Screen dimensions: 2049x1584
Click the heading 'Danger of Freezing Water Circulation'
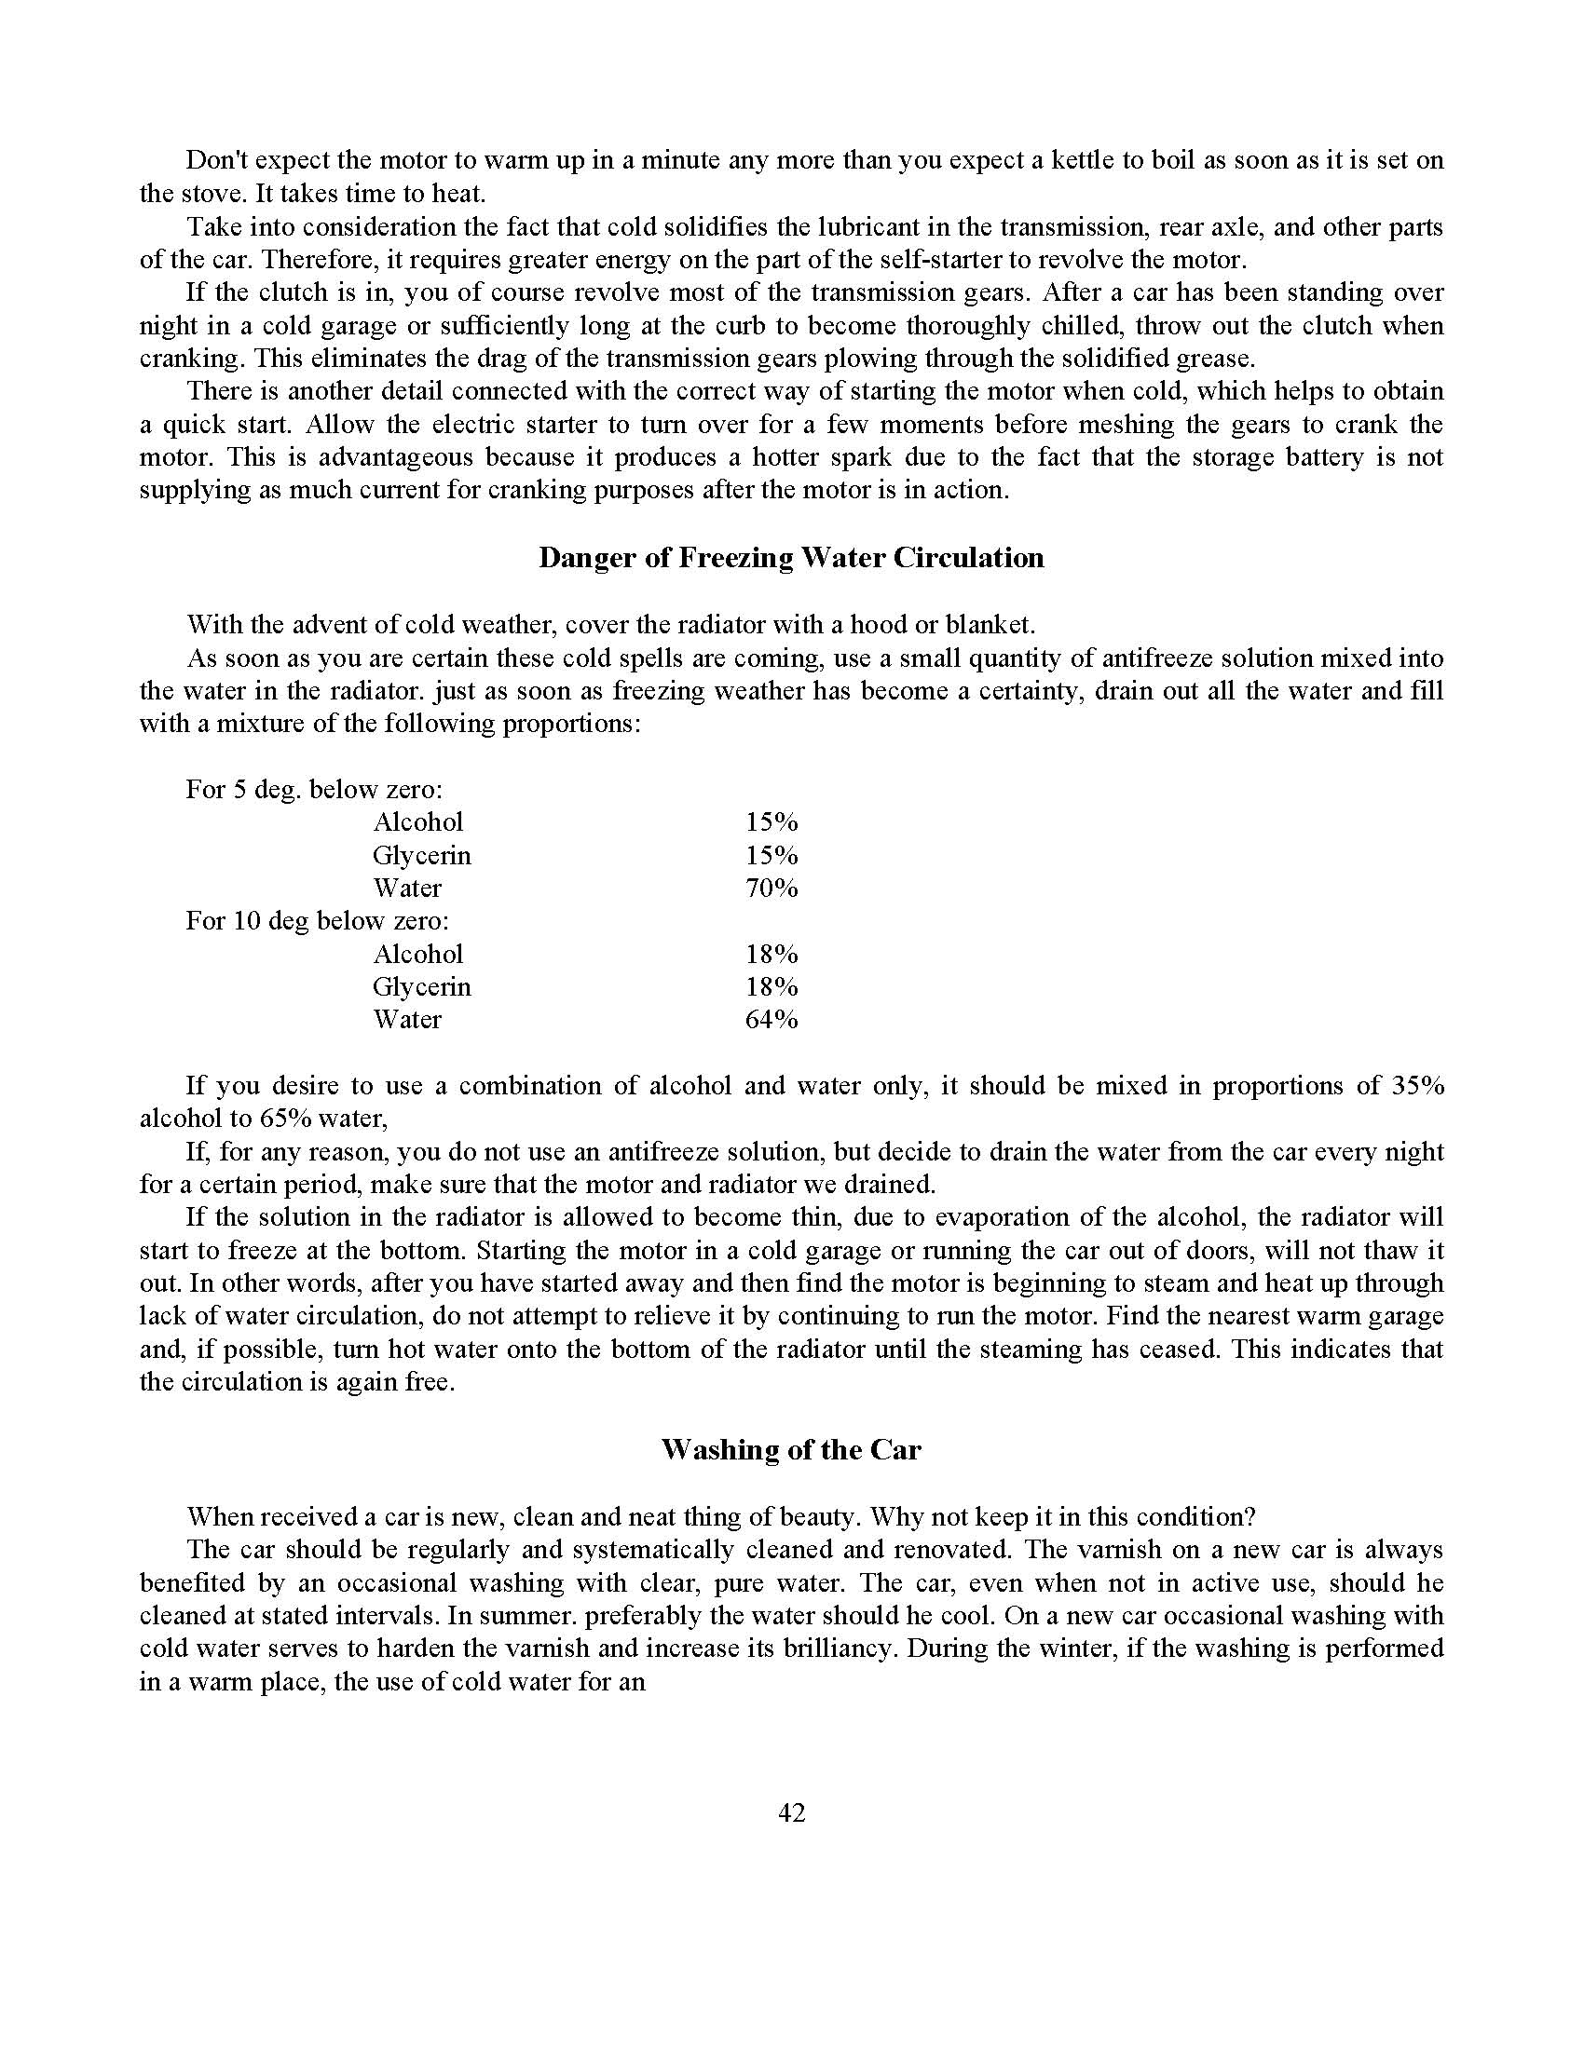click(x=791, y=558)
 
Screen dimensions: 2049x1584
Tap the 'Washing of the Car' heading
click(x=791, y=1450)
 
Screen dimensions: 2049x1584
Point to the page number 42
click(x=791, y=1812)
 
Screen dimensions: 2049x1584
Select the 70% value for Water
click(x=772, y=889)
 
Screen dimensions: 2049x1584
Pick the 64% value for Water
click(x=772, y=1020)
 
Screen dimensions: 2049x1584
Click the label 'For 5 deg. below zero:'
click(x=314, y=790)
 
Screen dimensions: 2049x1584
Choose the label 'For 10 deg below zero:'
click(x=317, y=921)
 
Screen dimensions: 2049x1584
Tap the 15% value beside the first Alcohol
click(x=772, y=822)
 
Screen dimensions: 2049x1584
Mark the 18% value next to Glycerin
click(x=772, y=987)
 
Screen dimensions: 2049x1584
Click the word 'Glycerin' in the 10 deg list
click(x=421, y=987)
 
